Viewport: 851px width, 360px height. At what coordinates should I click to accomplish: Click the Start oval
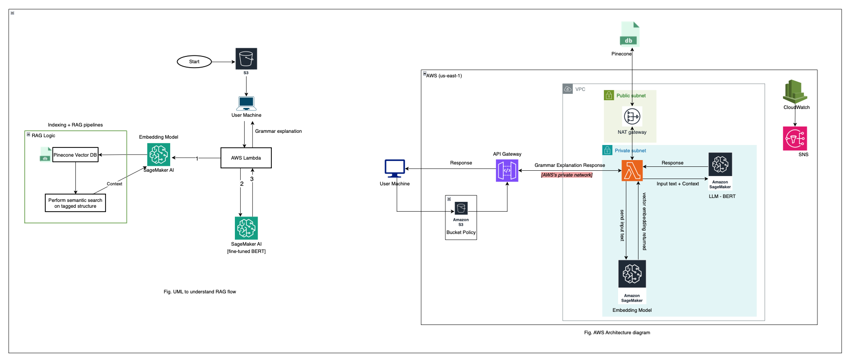pyautogui.click(x=194, y=62)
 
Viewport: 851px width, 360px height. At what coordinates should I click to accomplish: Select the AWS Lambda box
pyautogui.click(x=246, y=158)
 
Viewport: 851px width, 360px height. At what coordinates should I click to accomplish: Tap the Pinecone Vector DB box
pyautogui.click(x=75, y=155)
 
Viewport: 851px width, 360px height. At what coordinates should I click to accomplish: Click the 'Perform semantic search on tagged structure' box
pyautogui.click(x=75, y=203)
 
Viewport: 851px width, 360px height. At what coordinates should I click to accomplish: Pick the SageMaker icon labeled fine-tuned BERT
pyautogui.click(x=246, y=228)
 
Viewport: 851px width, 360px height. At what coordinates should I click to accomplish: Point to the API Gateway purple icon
pyautogui.click(x=507, y=170)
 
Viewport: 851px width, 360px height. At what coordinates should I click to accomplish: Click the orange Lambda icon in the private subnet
pyautogui.click(x=632, y=171)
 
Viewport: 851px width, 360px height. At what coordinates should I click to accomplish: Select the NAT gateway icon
pyautogui.click(x=632, y=117)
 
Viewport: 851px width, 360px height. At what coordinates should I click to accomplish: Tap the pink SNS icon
pyautogui.click(x=795, y=139)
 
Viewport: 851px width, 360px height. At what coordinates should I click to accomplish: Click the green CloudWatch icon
pyautogui.click(x=795, y=91)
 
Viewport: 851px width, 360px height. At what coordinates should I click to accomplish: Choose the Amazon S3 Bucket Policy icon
pyautogui.click(x=461, y=209)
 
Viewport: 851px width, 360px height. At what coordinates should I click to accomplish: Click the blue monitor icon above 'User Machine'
pyautogui.click(x=394, y=168)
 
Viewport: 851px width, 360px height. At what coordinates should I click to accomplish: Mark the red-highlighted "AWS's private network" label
pyautogui.click(x=567, y=175)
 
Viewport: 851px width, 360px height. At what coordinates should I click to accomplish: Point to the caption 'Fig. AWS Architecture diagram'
pyautogui.click(x=617, y=333)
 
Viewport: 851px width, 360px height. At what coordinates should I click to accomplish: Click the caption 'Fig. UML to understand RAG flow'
pyautogui.click(x=200, y=292)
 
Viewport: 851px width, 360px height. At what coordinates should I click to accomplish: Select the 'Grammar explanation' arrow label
pyautogui.click(x=278, y=131)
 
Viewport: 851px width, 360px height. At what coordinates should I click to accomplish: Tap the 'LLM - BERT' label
pyautogui.click(x=722, y=197)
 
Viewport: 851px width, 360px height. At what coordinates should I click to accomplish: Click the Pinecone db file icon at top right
pyautogui.click(x=629, y=34)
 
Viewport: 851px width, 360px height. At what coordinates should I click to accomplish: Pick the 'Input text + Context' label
pyautogui.click(x=677, y=184)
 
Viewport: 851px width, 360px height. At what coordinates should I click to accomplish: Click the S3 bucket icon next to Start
pyautogui.click(x=246, y=59)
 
